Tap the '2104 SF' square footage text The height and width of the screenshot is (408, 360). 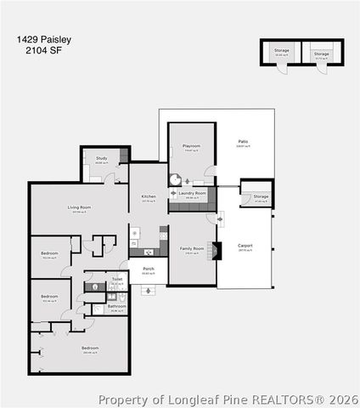(x=41, y=50)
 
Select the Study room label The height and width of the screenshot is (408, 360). (x=101, y=158)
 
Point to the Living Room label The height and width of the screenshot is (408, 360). (x=79, y=207)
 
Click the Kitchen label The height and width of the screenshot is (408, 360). (x=149, y=197)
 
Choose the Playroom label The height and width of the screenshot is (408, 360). (x=192, y=146)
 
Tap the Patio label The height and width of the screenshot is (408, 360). (x=243, y=142)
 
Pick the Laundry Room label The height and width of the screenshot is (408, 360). (x=193, y=193)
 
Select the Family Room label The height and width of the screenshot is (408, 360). (x=193, y=249)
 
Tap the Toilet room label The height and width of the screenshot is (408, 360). (x=117, y=279)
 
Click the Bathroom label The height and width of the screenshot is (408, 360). (x=116, y=306)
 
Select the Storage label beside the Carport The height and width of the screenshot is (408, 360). (x=261, y=196)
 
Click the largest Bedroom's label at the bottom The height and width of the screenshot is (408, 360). (x=90, y=348)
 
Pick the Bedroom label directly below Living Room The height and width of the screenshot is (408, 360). (x=50, y=252)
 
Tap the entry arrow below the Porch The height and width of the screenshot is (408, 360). (x=149, y=291)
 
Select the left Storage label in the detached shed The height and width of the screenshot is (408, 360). (x=281, y=50)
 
